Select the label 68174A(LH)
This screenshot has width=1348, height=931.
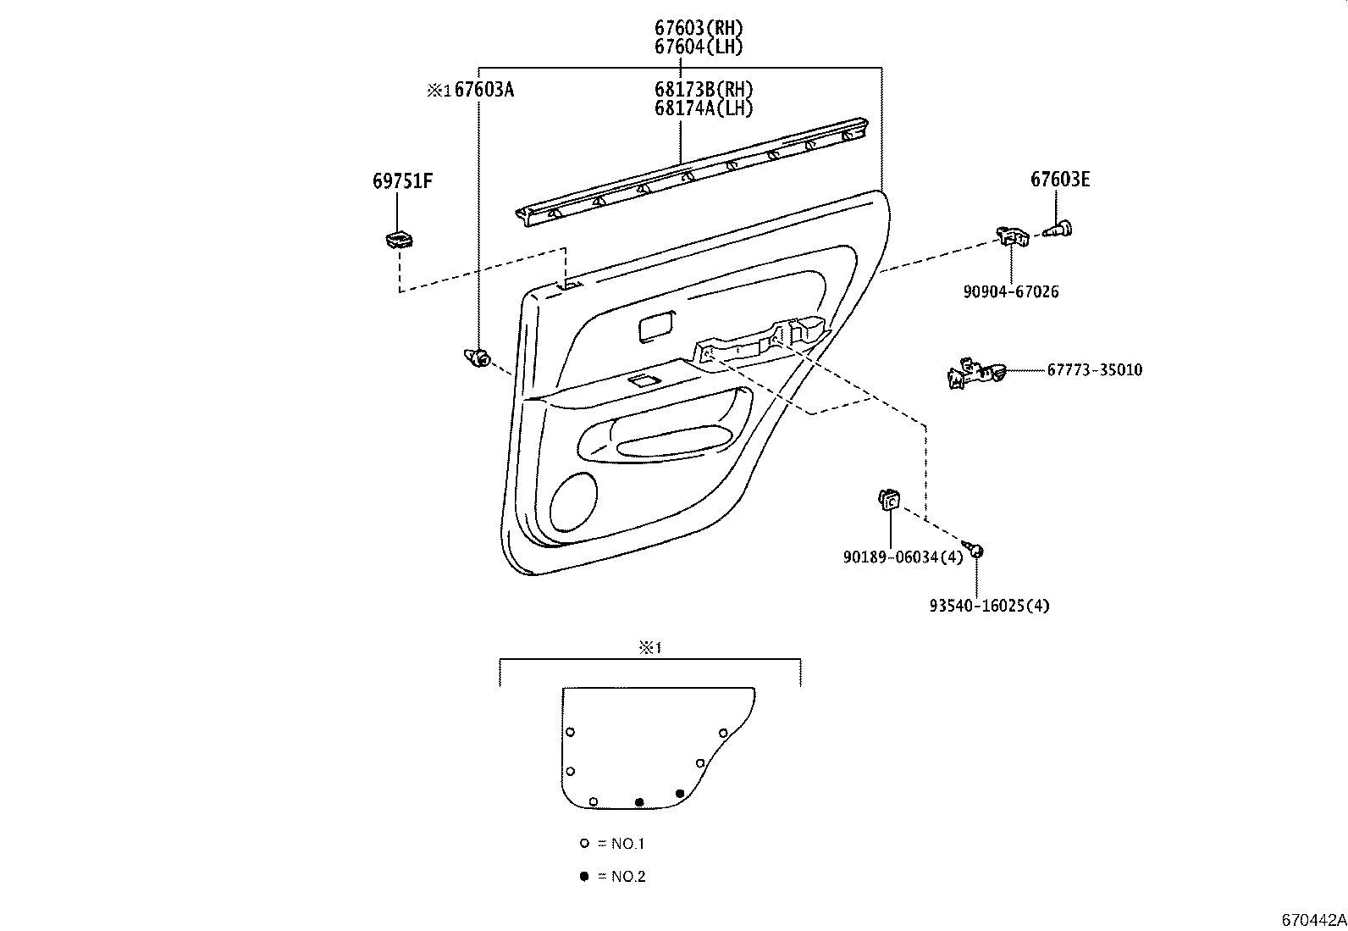pyautogui.click(x=703, y=108)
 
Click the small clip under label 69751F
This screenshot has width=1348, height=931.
pyautogui.click(x=397, y=240)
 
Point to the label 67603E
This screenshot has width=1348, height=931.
pyautogui.click(x=1059, y=179)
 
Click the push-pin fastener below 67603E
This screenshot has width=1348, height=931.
pyautogui.click(x=1058, y=229)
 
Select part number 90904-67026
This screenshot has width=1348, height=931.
pyautogui.click(x=1011, y=291)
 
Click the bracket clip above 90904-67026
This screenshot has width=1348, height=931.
pyautogui.click(x=1011, y=236)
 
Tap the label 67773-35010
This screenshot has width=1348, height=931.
pyautogui.click(x=1094, y=370)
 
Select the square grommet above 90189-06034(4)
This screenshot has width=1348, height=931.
pyautogui.click(x=887, y=501)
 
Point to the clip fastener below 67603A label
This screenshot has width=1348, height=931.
pyautogui.click(x=478, y=359)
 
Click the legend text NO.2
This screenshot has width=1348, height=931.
pyautogui.click(x=627, y=877)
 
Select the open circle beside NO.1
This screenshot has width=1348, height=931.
pyautogui.click(x=584, y=844)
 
